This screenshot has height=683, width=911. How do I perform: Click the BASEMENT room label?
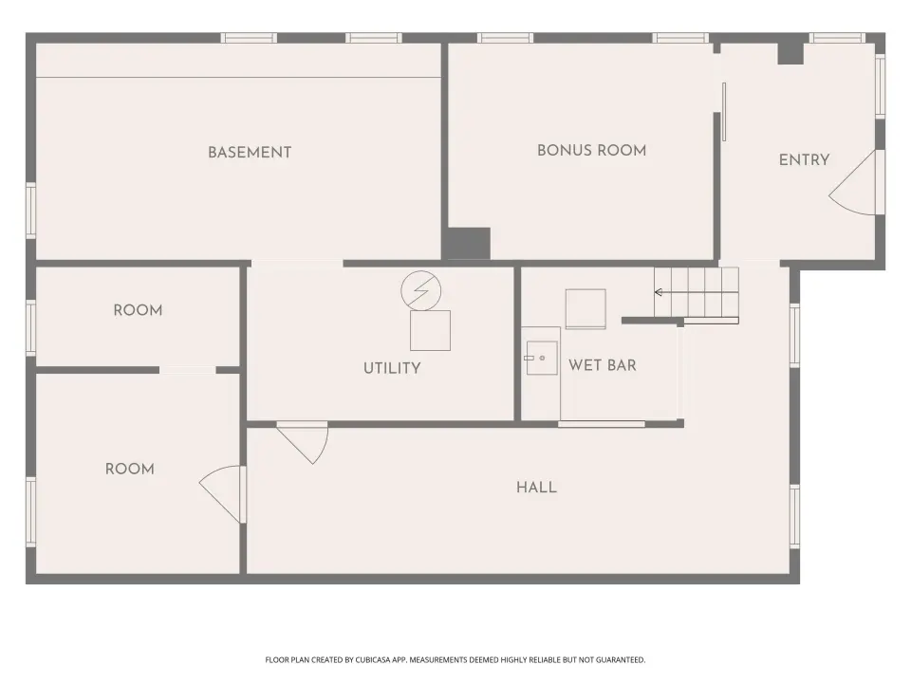pos(250,152)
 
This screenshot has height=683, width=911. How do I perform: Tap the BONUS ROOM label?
pos(591,151)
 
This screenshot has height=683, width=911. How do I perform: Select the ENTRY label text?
pos(804,159)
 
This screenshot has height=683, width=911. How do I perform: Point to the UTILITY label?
pos(392,368)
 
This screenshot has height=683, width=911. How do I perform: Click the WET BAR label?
pos(603,365)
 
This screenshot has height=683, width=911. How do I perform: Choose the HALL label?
pos(536,488)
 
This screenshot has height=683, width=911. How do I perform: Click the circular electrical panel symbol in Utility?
pos(420,290)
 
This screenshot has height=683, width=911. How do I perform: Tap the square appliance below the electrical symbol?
pos(430,330)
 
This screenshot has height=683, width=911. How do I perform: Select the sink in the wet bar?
pos(542,358)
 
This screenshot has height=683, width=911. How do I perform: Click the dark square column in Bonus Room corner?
pos(468,244)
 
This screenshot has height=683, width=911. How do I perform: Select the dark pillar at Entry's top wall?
pos(790,52)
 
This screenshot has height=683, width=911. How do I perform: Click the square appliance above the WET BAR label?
pos(586,309)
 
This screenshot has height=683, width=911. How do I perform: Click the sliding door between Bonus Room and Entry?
pos(724,112)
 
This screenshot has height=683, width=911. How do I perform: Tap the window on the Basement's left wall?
pos(30,211)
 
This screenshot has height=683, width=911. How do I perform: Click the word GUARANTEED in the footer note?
pos(623,660)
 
